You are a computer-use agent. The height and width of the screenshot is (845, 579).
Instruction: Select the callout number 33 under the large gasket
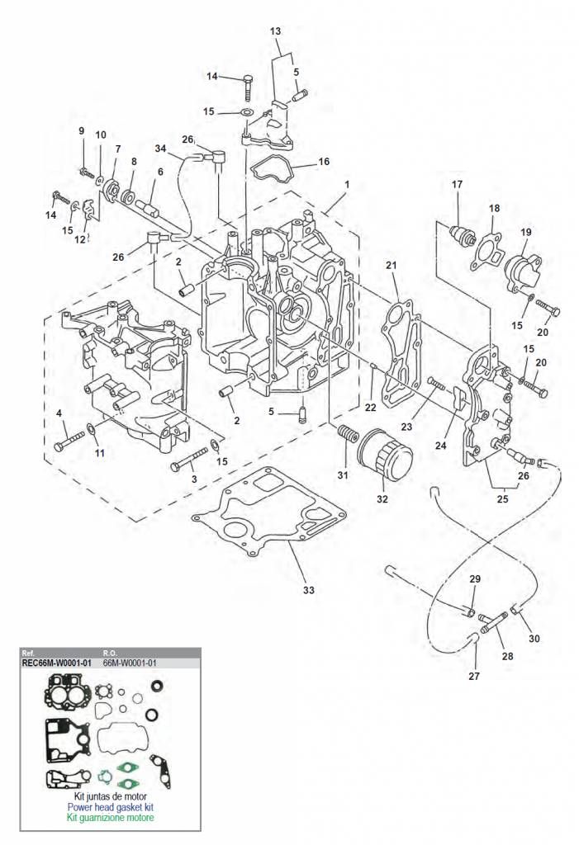308,590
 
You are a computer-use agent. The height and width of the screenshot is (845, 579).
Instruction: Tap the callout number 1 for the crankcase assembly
347,184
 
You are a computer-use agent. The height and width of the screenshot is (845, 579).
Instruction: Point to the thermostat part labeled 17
463,235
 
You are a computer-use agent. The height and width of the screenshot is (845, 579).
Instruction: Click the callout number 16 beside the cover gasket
323,162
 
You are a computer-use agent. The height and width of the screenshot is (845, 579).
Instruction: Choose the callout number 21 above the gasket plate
392,265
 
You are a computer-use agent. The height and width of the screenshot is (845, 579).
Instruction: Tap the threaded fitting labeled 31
348,433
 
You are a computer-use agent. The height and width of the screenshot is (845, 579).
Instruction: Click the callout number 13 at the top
275,31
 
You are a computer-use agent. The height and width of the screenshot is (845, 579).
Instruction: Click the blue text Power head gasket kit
110,807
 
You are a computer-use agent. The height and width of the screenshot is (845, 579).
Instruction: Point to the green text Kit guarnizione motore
110,818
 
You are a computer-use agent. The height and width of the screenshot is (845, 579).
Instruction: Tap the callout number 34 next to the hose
160,149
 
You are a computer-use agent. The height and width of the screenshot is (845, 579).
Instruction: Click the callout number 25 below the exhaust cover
502,499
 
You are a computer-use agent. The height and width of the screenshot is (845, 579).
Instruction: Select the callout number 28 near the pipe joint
507,656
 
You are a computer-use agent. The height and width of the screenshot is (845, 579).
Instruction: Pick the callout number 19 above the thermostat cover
526,232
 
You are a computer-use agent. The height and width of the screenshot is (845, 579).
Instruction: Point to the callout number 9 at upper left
82,131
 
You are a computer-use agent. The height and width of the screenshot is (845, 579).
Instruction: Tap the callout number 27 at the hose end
474,676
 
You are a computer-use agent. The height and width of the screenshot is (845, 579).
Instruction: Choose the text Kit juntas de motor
110,796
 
